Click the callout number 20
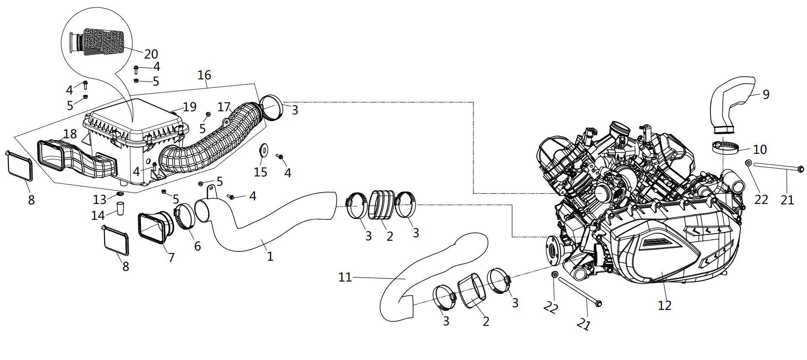click(151, 54)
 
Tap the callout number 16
click(204, 75)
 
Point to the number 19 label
click(189, 107)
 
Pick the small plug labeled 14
click(120, 208)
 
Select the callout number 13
click(100, 199)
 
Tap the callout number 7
click(171, 257)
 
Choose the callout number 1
click(270, 256)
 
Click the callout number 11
click(345, 278)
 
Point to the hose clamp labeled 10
click(725, 148)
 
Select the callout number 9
click(766, 94)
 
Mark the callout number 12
click(665, 305)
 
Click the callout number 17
click(224, 107)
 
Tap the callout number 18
click(70, 133)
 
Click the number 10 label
click(760, 149)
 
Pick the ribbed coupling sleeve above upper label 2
click(382, 205)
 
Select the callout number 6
click(197, 245)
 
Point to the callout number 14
click(98, 215)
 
